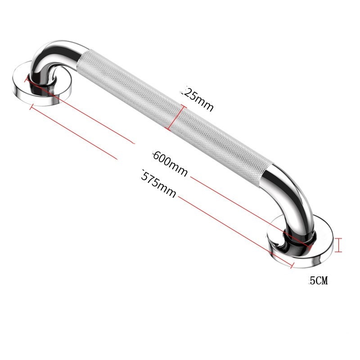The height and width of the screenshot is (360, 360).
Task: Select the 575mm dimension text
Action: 159,184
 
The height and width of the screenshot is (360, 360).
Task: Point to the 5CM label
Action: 319,281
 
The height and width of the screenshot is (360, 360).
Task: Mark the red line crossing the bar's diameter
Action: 175,118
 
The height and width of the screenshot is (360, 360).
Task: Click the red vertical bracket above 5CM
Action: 340,245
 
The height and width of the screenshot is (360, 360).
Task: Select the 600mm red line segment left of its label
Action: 81,112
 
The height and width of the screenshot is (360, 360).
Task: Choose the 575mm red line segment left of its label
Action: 74,133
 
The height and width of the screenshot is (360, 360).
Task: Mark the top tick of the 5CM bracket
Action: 340,238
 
